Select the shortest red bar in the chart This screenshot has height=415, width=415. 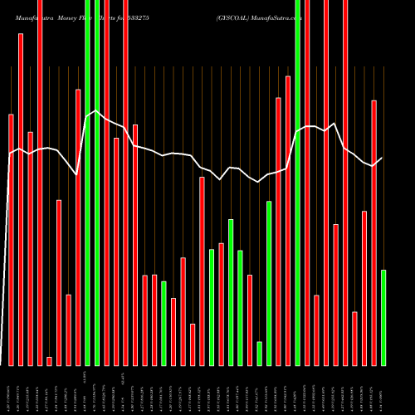coord(49,361)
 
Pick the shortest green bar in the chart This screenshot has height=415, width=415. coord(259,354)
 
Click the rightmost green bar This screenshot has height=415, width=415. coord(383,318)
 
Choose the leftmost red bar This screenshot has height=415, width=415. coord(11,240)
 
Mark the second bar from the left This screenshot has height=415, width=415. coord(21,199)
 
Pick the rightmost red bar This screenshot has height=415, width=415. coord(373,232)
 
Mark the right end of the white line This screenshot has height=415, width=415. coord(383,158)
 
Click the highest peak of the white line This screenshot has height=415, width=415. coord(96,110)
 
